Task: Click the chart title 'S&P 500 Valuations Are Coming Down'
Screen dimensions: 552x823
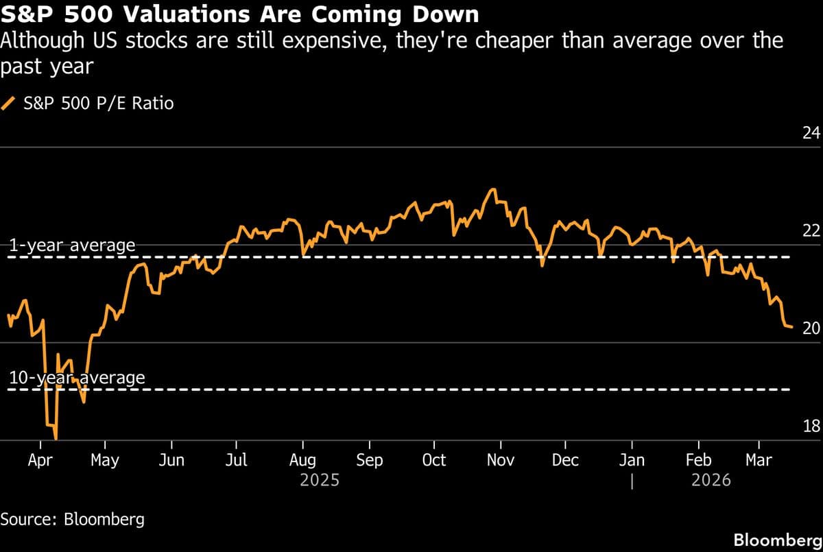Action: [x=240, y=14]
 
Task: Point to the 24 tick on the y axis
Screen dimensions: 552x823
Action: [x=811, y=133]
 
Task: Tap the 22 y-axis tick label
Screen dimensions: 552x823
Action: [x=811, y=231]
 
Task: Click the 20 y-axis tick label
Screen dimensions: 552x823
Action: [x=811, y=328]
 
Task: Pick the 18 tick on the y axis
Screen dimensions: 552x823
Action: [x=811, y=427]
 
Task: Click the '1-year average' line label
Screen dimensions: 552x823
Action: [x=71, y=245]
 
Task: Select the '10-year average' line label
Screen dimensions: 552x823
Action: [x=76, y=378]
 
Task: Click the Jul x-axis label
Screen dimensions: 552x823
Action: [x=237, y=460]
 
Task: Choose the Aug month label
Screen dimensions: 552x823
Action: [x=302, y=460]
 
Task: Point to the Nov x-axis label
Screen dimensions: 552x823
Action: [x=500, y=460]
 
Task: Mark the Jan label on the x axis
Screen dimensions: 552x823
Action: [x=632, y=460]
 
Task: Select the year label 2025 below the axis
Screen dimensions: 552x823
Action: [x=320, y=480]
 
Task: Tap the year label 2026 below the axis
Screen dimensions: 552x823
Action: [x=711, y=480]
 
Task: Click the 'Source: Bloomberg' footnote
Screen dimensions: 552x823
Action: [x=73, y=519]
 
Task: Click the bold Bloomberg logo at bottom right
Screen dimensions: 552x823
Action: [x=777, y=540]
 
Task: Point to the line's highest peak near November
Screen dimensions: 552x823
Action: [x=492, y=189]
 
